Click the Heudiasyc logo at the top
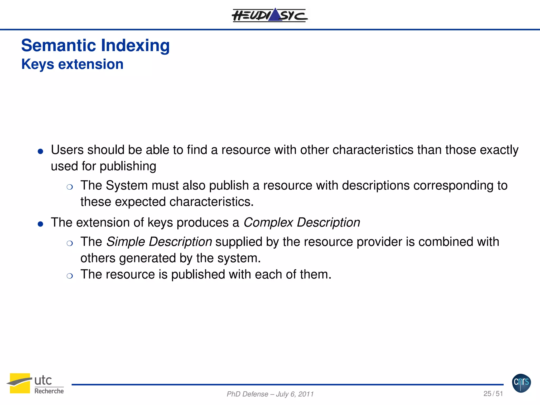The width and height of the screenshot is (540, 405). [x=269, y=15]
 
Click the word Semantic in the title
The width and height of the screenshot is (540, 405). [x=59, y=45]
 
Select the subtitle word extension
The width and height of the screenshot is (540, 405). [x=91, y=64]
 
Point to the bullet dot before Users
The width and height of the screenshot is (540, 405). [x=40, y=151]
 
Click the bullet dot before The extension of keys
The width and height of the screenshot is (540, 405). [x=40, y=224]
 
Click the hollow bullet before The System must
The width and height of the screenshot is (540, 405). [x=70, y=187]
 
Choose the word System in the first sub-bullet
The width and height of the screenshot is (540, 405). [x=127, y=185]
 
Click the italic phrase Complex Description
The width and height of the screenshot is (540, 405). [x=302, y=223]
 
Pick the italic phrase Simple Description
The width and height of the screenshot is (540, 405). [x=159, y=242]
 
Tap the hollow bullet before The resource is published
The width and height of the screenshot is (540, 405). [x=70, y=276]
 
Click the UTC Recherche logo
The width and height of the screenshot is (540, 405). [x=35, y=384]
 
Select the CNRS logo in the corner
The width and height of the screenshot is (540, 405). [x=521, y=383]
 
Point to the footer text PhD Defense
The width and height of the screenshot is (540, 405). [x=247, y=394]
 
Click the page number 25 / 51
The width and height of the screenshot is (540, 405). [x=493, y=394]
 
